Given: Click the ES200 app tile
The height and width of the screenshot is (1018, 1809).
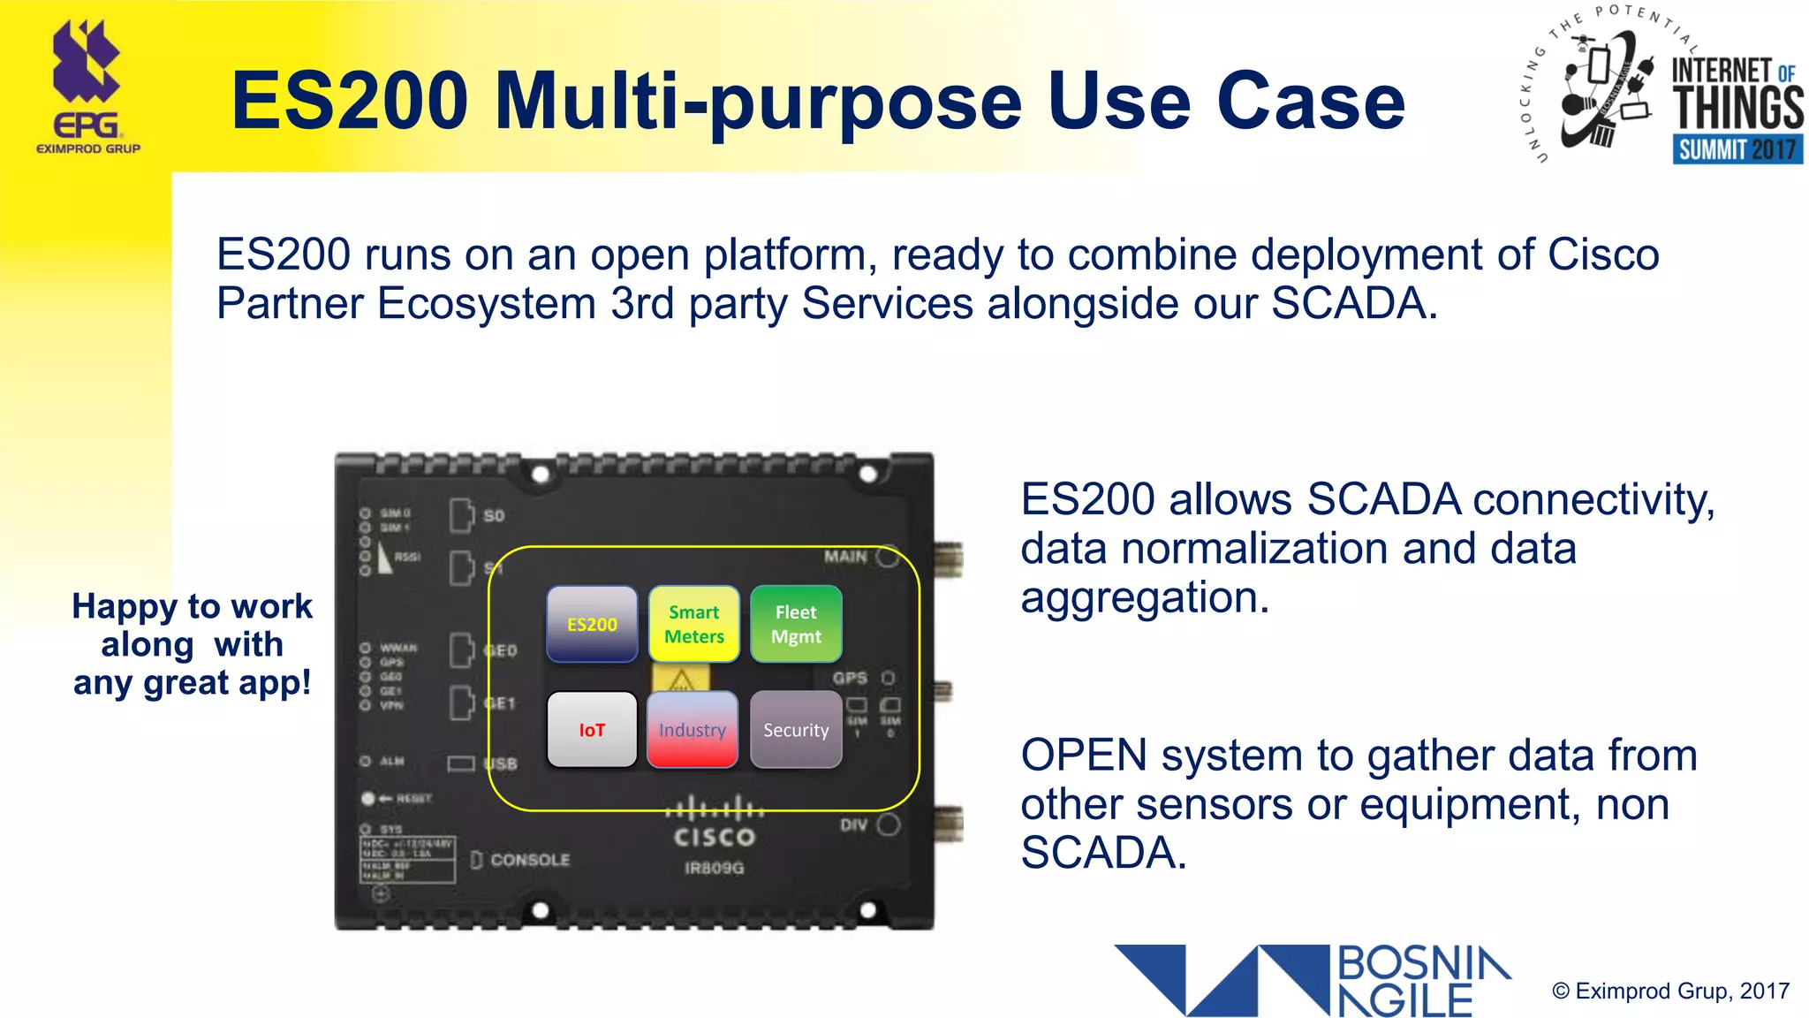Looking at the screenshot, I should (x=592, y=624).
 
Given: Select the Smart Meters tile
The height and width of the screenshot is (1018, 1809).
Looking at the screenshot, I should (x=694, y=624).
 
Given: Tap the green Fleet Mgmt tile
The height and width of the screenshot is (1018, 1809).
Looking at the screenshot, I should (x=796, y=624).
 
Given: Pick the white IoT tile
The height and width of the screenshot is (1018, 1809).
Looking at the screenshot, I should (x=592, y=730).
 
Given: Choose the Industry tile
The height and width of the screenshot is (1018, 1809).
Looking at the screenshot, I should (x=693, y=730).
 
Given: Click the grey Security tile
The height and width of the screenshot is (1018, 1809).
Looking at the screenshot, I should (x=796, y=730).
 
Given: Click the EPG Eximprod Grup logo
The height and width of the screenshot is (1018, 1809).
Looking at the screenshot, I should (x=87, y=88).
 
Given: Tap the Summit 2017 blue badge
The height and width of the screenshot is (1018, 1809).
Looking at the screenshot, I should (x=1737, y=149).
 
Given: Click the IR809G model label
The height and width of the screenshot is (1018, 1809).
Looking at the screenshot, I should (x=714, y=868).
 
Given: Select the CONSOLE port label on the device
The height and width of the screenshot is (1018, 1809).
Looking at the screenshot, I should (x=530, y=860).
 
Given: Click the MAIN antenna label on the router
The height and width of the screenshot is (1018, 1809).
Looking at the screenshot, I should (x=845, y=557).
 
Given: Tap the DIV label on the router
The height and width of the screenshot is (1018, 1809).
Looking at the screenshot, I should (x=853, y=825).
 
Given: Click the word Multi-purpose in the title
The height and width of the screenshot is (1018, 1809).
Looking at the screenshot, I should (x=758, y=103).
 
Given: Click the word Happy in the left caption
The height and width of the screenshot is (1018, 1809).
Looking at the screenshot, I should (x=125, y=607).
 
